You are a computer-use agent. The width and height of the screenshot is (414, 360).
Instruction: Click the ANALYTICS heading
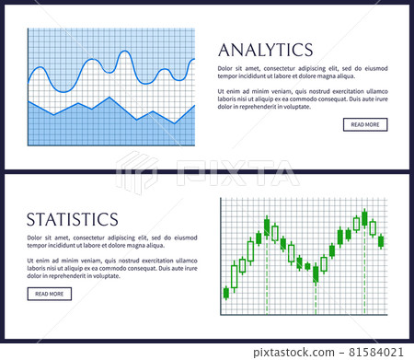(x=265, y=49)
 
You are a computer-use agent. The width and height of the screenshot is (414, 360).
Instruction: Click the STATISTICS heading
(x=73, y=219)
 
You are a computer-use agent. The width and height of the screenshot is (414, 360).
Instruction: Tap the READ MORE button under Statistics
(x=49, y=294)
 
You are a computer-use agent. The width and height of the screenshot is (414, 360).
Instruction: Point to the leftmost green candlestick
(x=226, y=293)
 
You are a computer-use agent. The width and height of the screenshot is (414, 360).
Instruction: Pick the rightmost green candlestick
(x=381, y=241)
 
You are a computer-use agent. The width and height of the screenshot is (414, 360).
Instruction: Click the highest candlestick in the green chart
(x=364, y=218)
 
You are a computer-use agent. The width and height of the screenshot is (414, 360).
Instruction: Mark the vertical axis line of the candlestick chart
(x=221, y=253)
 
